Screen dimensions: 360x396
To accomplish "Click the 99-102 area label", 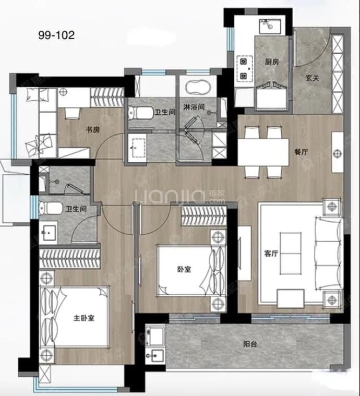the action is coord(56,35).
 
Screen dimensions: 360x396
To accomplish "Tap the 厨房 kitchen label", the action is coord(272,62).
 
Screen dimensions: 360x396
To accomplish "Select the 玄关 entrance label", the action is coord(313,78).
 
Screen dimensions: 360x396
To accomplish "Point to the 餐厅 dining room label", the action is coord(301,152).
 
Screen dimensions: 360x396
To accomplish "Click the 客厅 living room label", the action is coord(271,254).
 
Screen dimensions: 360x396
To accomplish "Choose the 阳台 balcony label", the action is coord(250,344).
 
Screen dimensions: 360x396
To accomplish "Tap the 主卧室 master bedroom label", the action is coord(84,318).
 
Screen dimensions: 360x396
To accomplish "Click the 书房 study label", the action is coord(93,130).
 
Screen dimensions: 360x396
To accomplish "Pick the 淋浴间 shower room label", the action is coord(194,107).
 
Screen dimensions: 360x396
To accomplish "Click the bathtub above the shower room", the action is coord(198,87).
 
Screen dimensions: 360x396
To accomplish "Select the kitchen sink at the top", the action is coord(270,26).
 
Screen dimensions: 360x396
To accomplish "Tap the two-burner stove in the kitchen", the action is coord(244,68).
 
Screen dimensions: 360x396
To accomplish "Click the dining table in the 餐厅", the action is coord(263,152).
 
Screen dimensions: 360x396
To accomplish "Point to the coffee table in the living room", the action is coord(291,254).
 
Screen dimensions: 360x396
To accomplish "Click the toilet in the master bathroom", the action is coord(51,208).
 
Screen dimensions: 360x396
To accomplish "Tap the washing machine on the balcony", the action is coord(155,336).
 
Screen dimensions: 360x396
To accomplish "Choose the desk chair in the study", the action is coord(72,113).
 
